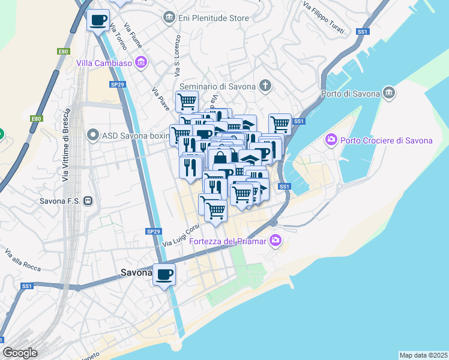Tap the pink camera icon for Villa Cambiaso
click(x=142, y=62)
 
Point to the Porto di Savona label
click(x=351, y=94)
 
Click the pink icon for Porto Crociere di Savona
click(x=331, y=140)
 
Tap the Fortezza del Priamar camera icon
click(x=276, y=241)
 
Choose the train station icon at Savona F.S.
click(x=88, y=200)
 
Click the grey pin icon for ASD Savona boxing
click(x=92, y=135)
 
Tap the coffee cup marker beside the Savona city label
click(x=164, y=275)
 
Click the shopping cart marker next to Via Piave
click(x=187, y=101)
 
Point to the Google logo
click(x=20, y=352)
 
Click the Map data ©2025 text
click(x=423, y=355)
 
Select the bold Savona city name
click(x=136, y=272)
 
